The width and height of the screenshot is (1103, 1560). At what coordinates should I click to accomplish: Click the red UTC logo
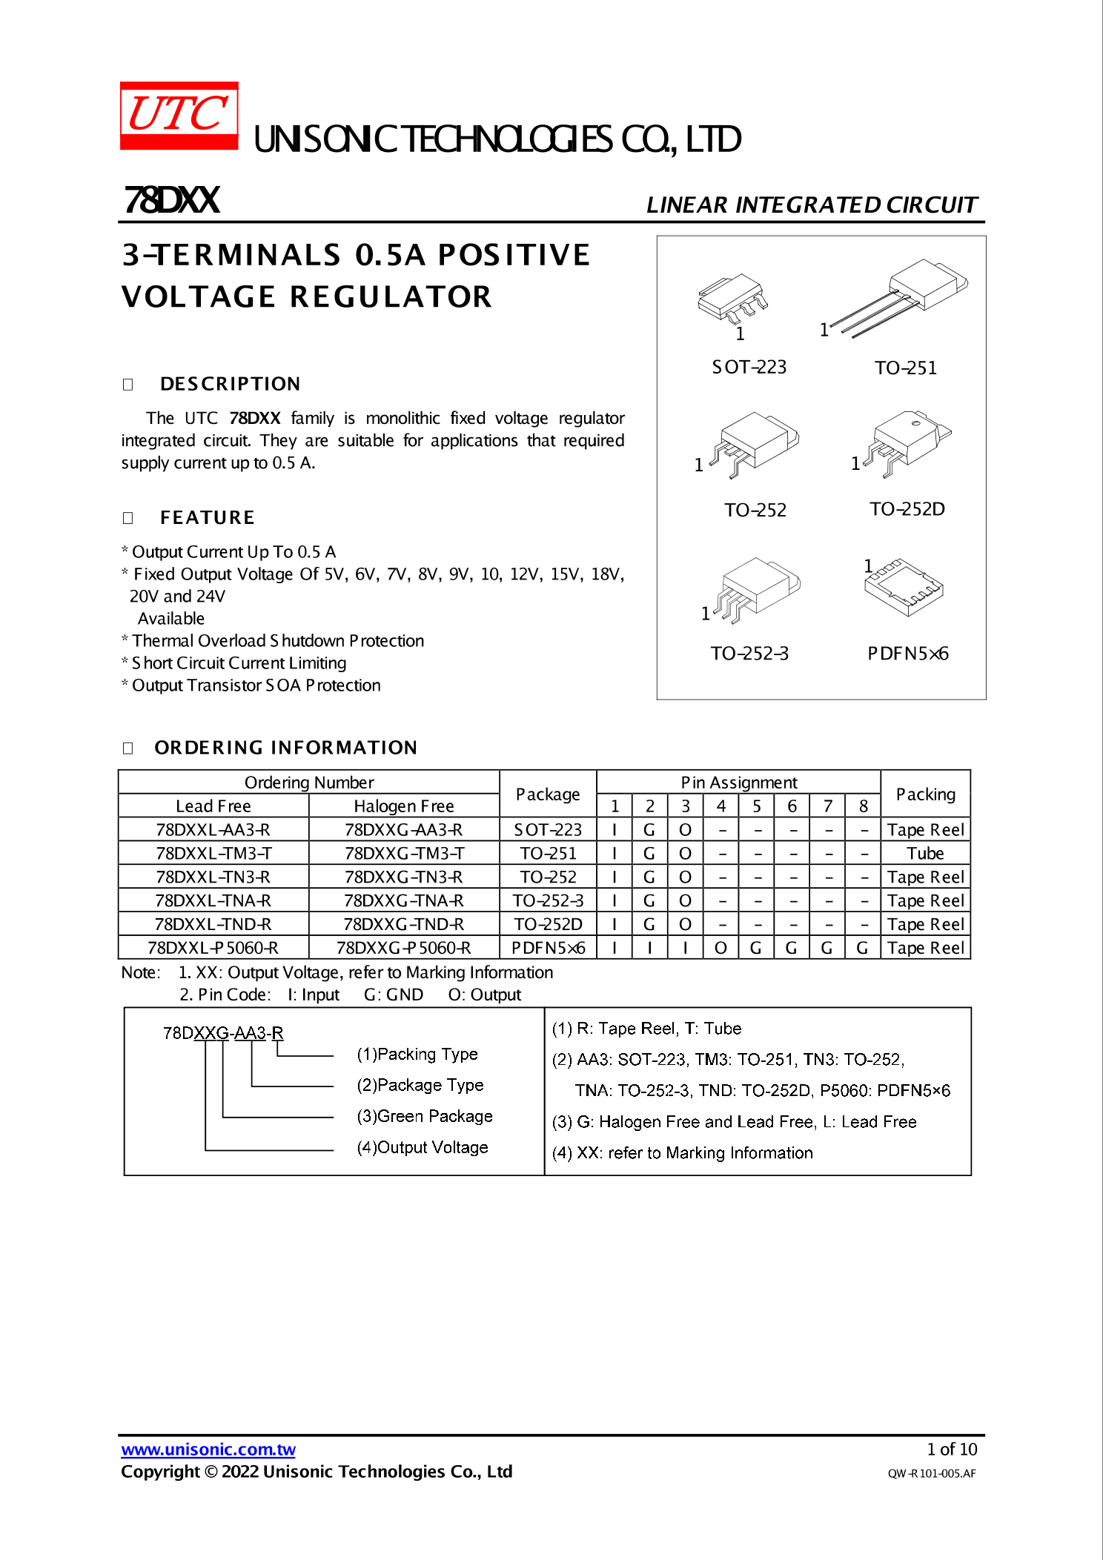[179, 116]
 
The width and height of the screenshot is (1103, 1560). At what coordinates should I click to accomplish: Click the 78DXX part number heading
[172, 200]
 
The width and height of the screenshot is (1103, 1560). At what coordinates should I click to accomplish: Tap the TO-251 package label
[905, 368]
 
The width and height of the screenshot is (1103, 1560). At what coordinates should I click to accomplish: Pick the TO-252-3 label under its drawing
[749, 654]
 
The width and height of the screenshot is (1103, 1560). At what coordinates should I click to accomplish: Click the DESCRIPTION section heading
[230, 384]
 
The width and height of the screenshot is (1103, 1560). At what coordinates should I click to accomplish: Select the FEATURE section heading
[207, 517]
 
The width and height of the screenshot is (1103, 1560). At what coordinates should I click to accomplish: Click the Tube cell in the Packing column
[925, 854]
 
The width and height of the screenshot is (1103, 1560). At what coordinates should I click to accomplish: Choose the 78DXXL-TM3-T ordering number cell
[213, 854]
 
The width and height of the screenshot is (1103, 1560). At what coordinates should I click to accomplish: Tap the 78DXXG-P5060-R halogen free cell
[404, 949]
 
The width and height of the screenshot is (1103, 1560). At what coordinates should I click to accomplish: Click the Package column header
[548, 794]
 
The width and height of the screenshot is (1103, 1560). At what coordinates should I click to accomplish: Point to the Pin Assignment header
[738, 783]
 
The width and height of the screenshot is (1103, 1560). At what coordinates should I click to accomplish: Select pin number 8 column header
[863, 806]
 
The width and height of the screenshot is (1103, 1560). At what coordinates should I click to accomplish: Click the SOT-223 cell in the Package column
[548, 830]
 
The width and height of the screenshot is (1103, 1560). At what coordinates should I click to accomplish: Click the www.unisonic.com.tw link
[208, 1450]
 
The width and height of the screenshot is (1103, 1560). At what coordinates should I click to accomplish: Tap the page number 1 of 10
[952, 1450]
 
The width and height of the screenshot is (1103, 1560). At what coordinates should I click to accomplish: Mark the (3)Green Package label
[424, 1116]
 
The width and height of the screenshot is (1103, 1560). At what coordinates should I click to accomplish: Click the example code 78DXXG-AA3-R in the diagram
[223, 1033]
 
